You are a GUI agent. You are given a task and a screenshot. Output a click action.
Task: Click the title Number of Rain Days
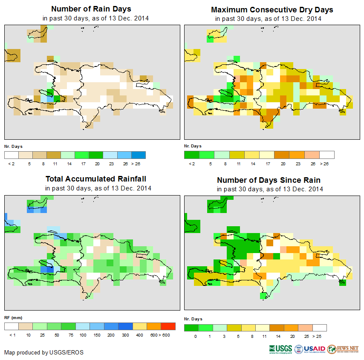tap(91, 9)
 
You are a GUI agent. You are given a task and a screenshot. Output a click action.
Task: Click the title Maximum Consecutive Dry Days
tap(272, 9)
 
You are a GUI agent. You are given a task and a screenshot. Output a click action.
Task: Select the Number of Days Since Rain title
tap(269, 180)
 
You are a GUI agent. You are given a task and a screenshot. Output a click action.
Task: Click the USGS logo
tap(280, 349)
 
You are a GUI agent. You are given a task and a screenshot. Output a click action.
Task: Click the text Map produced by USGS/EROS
tap(44, 352)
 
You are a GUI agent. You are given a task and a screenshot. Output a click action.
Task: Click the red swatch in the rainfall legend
tap(168, 326)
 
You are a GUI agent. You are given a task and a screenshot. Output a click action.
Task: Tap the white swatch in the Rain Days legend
tap(12, 155)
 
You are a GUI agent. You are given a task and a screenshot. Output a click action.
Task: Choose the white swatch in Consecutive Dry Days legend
tap(327, 155)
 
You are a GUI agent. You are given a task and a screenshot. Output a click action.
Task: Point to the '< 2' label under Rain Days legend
tap(12, 163)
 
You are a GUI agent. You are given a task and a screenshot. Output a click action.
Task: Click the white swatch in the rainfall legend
tap(12, 326)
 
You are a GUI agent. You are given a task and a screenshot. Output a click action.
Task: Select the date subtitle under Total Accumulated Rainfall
tap(98, 188)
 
